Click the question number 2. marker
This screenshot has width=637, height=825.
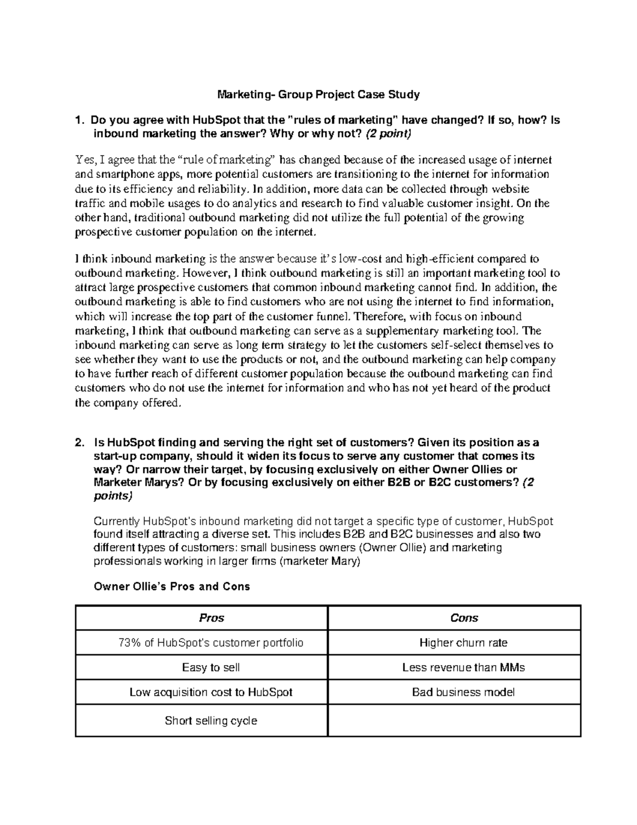(80, 443)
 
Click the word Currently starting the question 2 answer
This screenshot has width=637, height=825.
(116, 521)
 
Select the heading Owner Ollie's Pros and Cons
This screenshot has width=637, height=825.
(171, 586)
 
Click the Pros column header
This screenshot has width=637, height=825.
(211, 618)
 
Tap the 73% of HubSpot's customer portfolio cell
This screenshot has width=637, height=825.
(211, 643)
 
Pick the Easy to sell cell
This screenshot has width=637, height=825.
(211, 667)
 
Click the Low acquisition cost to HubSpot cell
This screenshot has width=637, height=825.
(211, 692)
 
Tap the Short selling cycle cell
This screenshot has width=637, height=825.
(211, 721)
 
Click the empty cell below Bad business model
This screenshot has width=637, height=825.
(454, 721)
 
